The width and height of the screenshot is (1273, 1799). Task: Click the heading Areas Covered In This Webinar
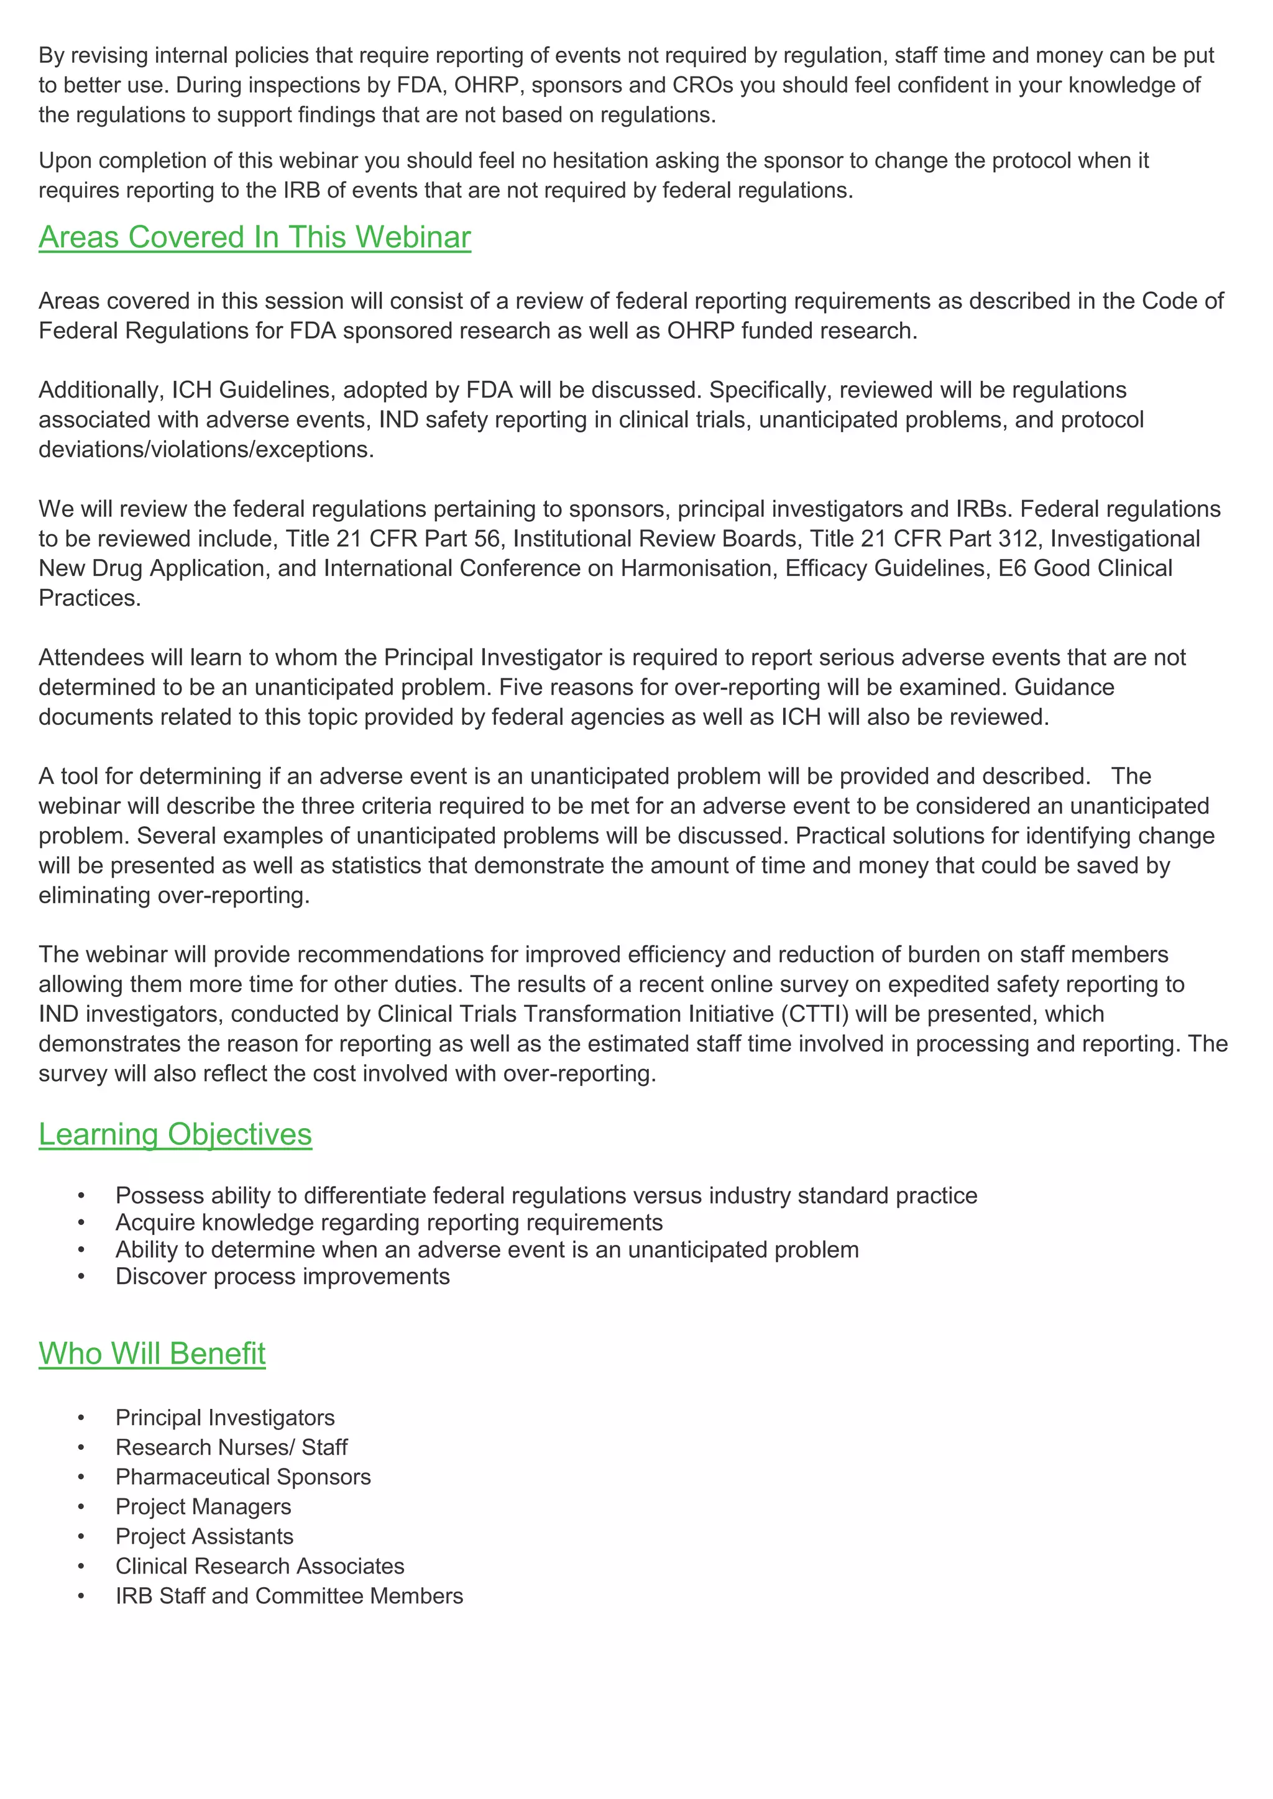pyautogui.click(x=255, y=237)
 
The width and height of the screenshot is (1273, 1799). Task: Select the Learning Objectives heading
pyautogui.click(x=175, y=1134)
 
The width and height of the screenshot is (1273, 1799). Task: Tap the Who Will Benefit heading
pyautogui.click(x=152, y=1354)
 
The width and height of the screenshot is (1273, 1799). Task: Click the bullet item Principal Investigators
pyautogui.click(x=225, y=1418)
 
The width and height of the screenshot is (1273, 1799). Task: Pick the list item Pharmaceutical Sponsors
pyautogui.click(x=243, y=1477)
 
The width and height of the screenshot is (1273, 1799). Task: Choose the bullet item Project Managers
pyautogui.click(x=203, y=1507)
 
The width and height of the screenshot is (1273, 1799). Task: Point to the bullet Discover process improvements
pyautogui.click(x=282, y=1277)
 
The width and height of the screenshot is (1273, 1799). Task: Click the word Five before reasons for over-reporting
pyautogui.click(x=520, y=687)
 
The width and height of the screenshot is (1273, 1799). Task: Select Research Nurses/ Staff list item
pyautogui.click(x=231, y=1447)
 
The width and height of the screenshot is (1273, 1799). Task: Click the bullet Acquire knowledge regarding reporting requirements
pyautogui.click(x=388, y=1223)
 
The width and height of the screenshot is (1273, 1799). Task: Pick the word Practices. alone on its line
pyautogui.click(x=90, y=599)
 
